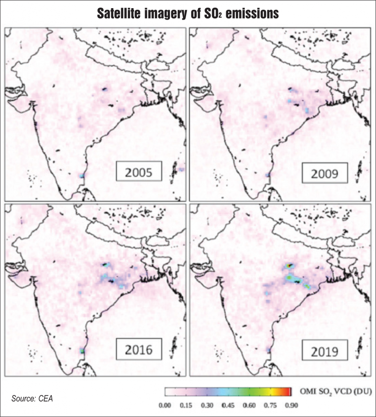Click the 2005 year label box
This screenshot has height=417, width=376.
pyautogui.click(x=139, y=172)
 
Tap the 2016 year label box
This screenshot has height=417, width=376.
pyautogui.click(x=139, y=349)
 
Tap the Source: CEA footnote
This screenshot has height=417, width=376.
pyautogui.click(x=35, y=397)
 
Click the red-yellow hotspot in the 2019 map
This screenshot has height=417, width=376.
pyautogui.click(x=290, y=266)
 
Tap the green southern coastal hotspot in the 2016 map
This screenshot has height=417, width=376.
pyautogui.click(x=83, y=350)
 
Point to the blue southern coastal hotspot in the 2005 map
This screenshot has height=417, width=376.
pyautogui.click(x=82, y=176)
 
